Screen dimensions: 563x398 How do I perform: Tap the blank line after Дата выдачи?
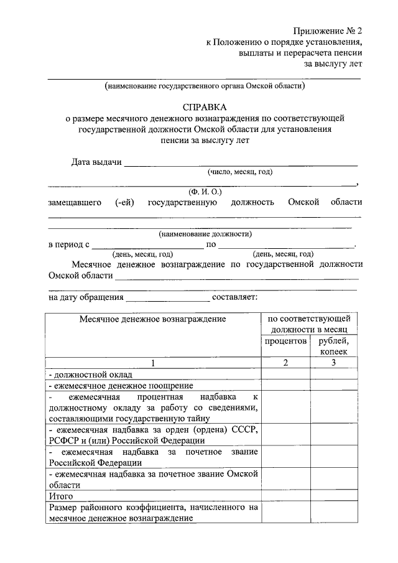point(241,164)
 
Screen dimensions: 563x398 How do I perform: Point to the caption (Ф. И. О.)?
point(205,192)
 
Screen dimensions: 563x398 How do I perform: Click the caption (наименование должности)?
point(205,235)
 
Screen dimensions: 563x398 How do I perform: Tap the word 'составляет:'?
point(239,297)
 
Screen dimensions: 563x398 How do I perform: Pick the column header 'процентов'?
point(285,341)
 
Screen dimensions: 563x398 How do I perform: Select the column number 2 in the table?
point(285,363)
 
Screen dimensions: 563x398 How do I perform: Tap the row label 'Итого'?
point(61,496)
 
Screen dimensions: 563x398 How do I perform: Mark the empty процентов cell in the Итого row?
point(285,496)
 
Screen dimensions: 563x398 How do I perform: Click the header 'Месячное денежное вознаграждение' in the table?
point(152,319)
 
